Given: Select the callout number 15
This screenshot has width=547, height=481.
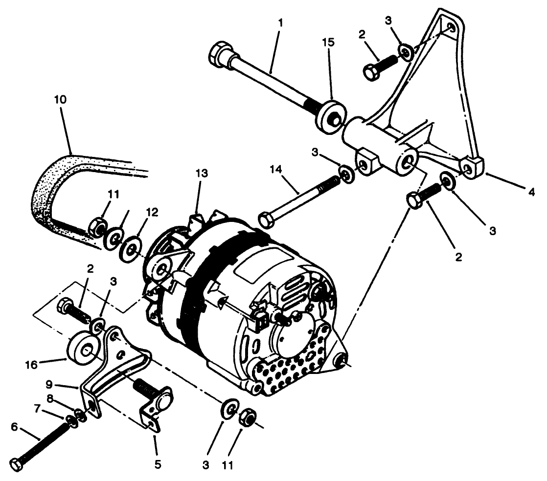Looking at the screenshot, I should point(329,43).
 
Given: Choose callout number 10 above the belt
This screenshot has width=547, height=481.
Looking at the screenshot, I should point(61,99).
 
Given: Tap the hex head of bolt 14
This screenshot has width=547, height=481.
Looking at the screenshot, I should point(266,220).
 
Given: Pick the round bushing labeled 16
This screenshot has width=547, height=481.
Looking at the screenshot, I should point(82,350).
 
